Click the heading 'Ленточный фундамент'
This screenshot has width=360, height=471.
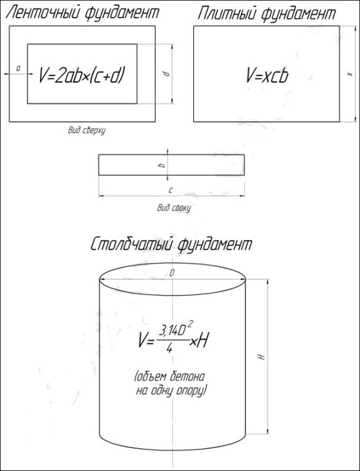(x=82, y=13)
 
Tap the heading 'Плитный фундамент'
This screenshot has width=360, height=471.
(x=267, y=14)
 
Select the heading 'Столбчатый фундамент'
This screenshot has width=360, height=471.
(x=171, y=245)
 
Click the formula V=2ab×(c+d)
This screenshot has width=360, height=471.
(x=81, y=75)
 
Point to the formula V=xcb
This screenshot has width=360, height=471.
(x=267, y=75)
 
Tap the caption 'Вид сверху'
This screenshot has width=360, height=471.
(x=86, y=131)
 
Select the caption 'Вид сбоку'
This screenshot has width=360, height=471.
(x=174, y=208)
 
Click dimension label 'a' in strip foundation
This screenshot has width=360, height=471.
(x=18, y=69)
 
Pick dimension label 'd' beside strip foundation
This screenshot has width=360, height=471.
(x=167, y=73)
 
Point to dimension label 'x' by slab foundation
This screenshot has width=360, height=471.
(x=350, y=73)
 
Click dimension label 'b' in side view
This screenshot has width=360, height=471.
(x=162, y=165)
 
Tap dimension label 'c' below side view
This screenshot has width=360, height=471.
(x=171, y=190)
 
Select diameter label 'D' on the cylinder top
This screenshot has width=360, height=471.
(x=172, y=273)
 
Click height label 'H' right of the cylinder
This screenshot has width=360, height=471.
(x=262, y=357)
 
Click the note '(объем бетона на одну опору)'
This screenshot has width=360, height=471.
(x=171, y=383)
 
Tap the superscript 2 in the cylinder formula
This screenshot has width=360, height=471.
(x=191, y=324)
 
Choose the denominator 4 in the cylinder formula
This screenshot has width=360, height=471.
(x=170, y=348)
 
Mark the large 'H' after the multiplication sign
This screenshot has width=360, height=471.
(x=202, y=341)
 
